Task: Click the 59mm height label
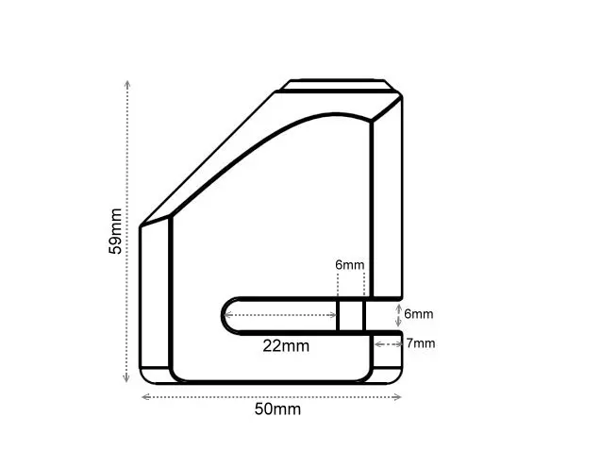[114, 232]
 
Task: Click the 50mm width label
[278, 409]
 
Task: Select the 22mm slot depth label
[286, 345]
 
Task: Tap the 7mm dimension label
[421, 343]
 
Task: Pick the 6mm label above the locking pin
[349, 265]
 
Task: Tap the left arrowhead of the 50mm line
[144, 396]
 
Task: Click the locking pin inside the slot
[350, 315]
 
